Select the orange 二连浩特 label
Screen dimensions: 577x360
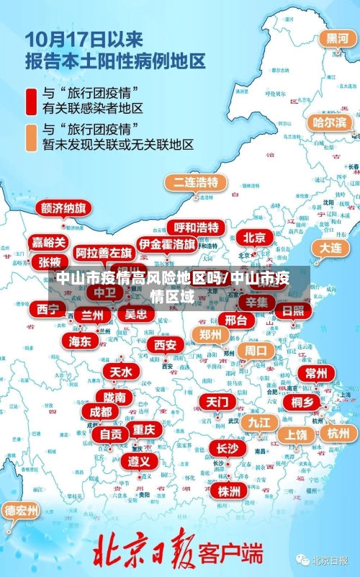195,182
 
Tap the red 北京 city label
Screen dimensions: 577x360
253,237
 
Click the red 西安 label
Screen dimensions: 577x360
165,345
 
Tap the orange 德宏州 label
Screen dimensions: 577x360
22,511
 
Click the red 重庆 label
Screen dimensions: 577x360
144,429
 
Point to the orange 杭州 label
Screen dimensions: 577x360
338,433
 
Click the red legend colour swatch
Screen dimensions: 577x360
32,101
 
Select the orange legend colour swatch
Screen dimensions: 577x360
32,136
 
